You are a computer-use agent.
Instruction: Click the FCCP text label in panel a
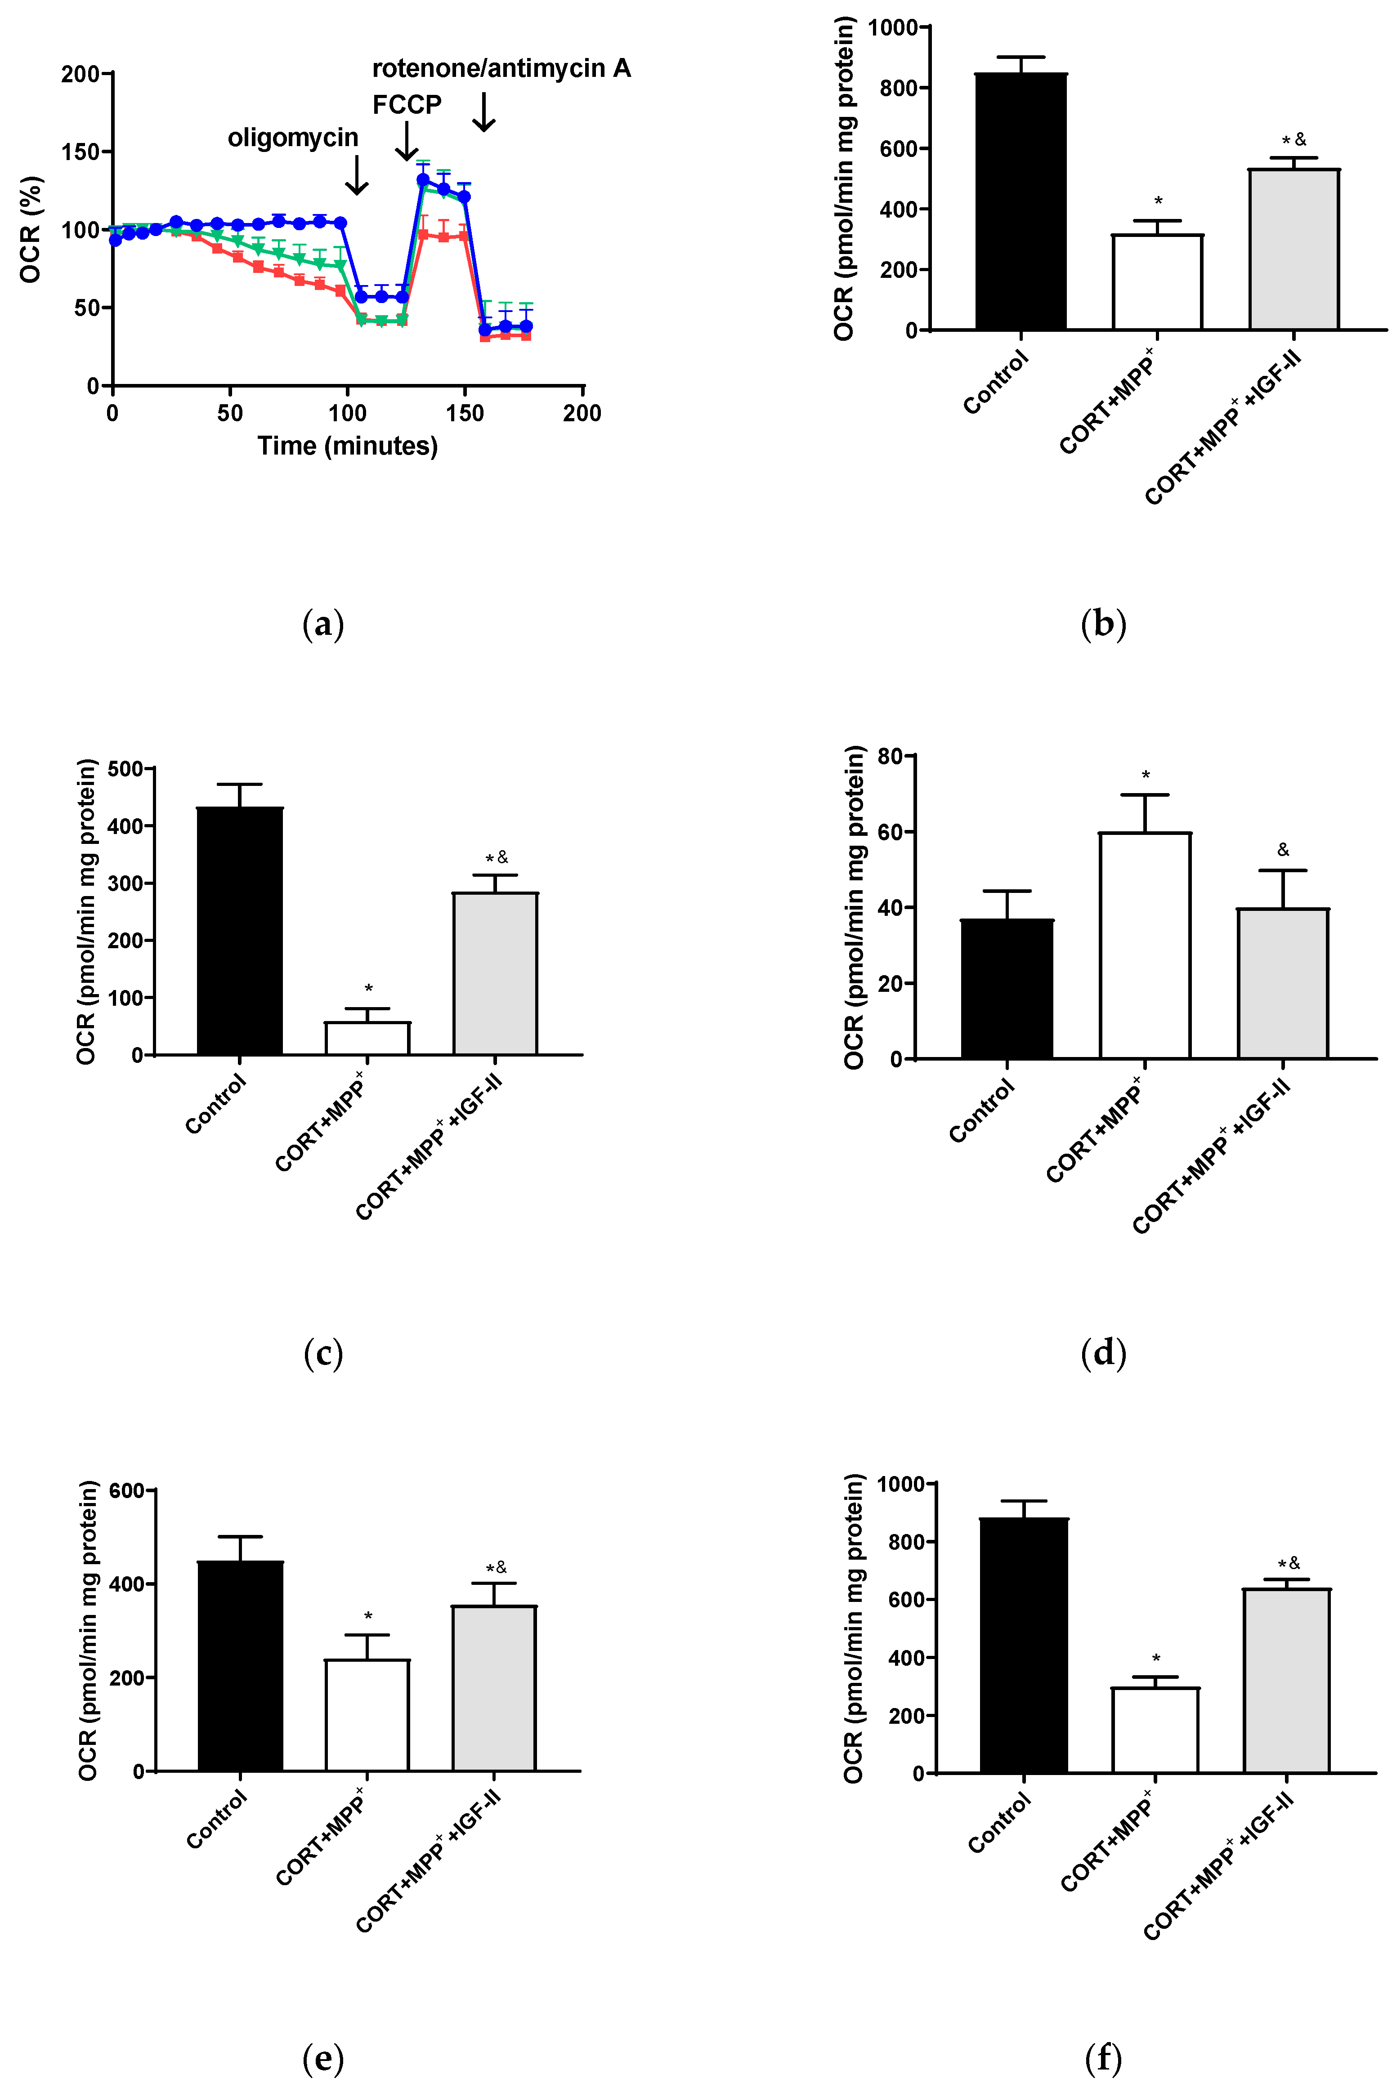407,105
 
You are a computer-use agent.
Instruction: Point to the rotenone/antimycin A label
501,68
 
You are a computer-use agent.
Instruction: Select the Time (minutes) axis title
347,446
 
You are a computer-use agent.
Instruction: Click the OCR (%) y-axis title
30,229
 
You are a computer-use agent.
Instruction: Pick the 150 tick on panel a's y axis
80,152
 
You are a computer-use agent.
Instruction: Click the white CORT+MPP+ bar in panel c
367,1039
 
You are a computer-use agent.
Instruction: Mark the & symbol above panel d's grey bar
1283,850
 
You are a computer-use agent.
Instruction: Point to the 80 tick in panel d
890,756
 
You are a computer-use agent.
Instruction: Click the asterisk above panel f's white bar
1156,1659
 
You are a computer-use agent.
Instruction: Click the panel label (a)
323,625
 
